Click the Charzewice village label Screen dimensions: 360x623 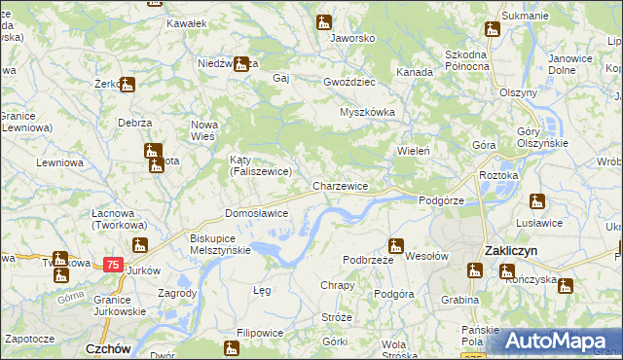pos(340,185)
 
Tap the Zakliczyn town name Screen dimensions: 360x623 pos(513,250)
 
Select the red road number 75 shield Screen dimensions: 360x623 pos(114,264)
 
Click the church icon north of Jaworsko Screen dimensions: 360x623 pos(323,22)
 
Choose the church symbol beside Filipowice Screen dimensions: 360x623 pos(232,347)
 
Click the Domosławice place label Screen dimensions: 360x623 pos(256,212)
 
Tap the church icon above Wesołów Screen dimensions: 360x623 pos(395,245)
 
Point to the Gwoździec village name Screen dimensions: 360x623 pos(349,83)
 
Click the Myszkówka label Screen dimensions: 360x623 pos(367,112)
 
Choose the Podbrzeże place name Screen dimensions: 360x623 pos(368,260)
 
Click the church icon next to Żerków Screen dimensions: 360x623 pos(128,84)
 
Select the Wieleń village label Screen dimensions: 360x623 pos(414,152)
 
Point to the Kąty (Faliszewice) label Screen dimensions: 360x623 pos(254,165)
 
